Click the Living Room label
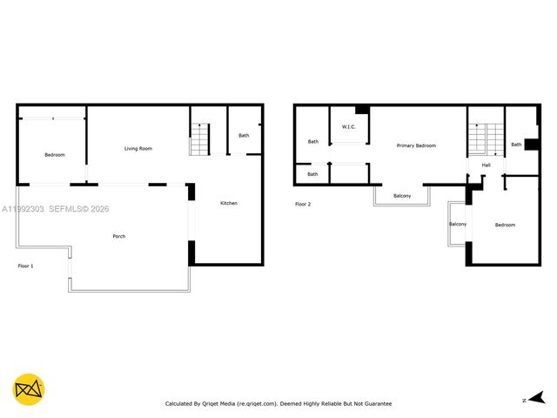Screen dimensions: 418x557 (138, 149)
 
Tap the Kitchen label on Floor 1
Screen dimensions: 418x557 (228, 203)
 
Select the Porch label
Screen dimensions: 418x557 (118, 236)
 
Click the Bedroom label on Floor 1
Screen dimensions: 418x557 (55, 155)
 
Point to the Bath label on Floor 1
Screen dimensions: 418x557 (244, 135)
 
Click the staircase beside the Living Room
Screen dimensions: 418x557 (200, 139)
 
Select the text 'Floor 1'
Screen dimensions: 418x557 (26, 266)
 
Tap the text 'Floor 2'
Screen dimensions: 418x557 (303, 204)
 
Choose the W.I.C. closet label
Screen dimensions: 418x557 (349, 127)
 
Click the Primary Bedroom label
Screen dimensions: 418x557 (416, 145)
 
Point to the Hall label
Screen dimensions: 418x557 (487, 165)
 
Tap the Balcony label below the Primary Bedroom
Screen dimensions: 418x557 (402, 196)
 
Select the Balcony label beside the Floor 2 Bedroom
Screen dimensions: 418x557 (458, 224)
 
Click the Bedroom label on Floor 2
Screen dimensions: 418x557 (505, 225)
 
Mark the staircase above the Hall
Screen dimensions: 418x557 (486, 138)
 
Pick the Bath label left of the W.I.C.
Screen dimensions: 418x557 (312, 142)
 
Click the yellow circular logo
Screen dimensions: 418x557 (29, 389)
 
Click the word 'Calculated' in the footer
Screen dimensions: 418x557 (181, 404)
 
